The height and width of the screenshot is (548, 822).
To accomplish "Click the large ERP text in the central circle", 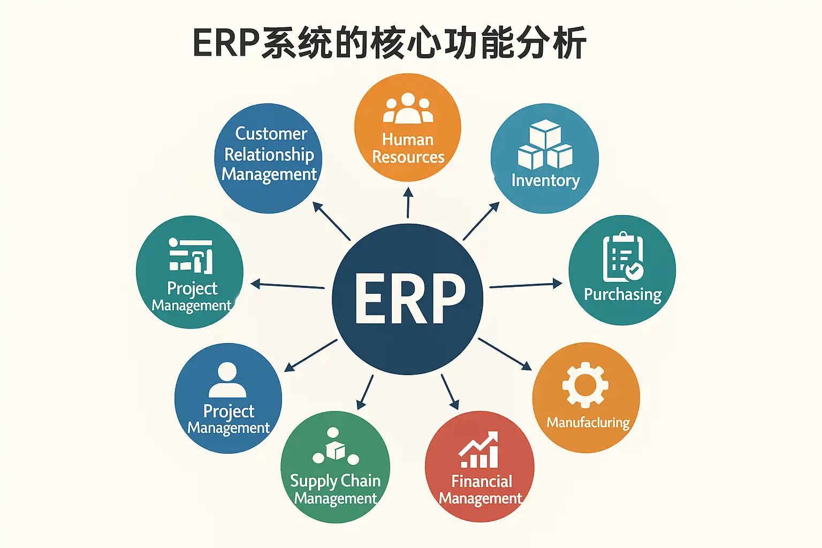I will pos(409,298).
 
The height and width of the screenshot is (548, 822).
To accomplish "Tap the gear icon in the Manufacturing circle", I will pos(585,385).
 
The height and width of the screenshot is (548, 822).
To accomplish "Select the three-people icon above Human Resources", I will pos(408,109).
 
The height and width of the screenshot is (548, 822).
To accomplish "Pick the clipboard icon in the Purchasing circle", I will pos(622,257).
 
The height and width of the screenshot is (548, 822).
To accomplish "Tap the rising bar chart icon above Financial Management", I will pos(478,451).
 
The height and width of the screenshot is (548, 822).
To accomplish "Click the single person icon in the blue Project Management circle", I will pos(227,379).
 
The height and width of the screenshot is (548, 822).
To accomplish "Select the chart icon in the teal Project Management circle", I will pos(191,255).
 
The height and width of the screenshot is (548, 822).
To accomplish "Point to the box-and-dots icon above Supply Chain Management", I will pos(335,446).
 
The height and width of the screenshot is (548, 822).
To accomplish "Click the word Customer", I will pos(271,133).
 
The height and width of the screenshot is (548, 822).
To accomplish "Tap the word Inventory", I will pos(545,180).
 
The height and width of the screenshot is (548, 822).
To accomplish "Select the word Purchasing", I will pos(622,294).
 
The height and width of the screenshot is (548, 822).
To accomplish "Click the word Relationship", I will pos(269,154).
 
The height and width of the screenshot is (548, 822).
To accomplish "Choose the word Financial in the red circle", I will pos(482,481).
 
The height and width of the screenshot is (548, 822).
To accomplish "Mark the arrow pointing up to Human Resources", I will pos(408,202).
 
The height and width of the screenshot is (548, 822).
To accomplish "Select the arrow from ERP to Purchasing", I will pos(526,285).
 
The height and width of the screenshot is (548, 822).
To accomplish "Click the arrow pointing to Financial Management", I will pos(450,392).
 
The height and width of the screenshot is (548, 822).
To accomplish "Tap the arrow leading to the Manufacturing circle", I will pos(505,354).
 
